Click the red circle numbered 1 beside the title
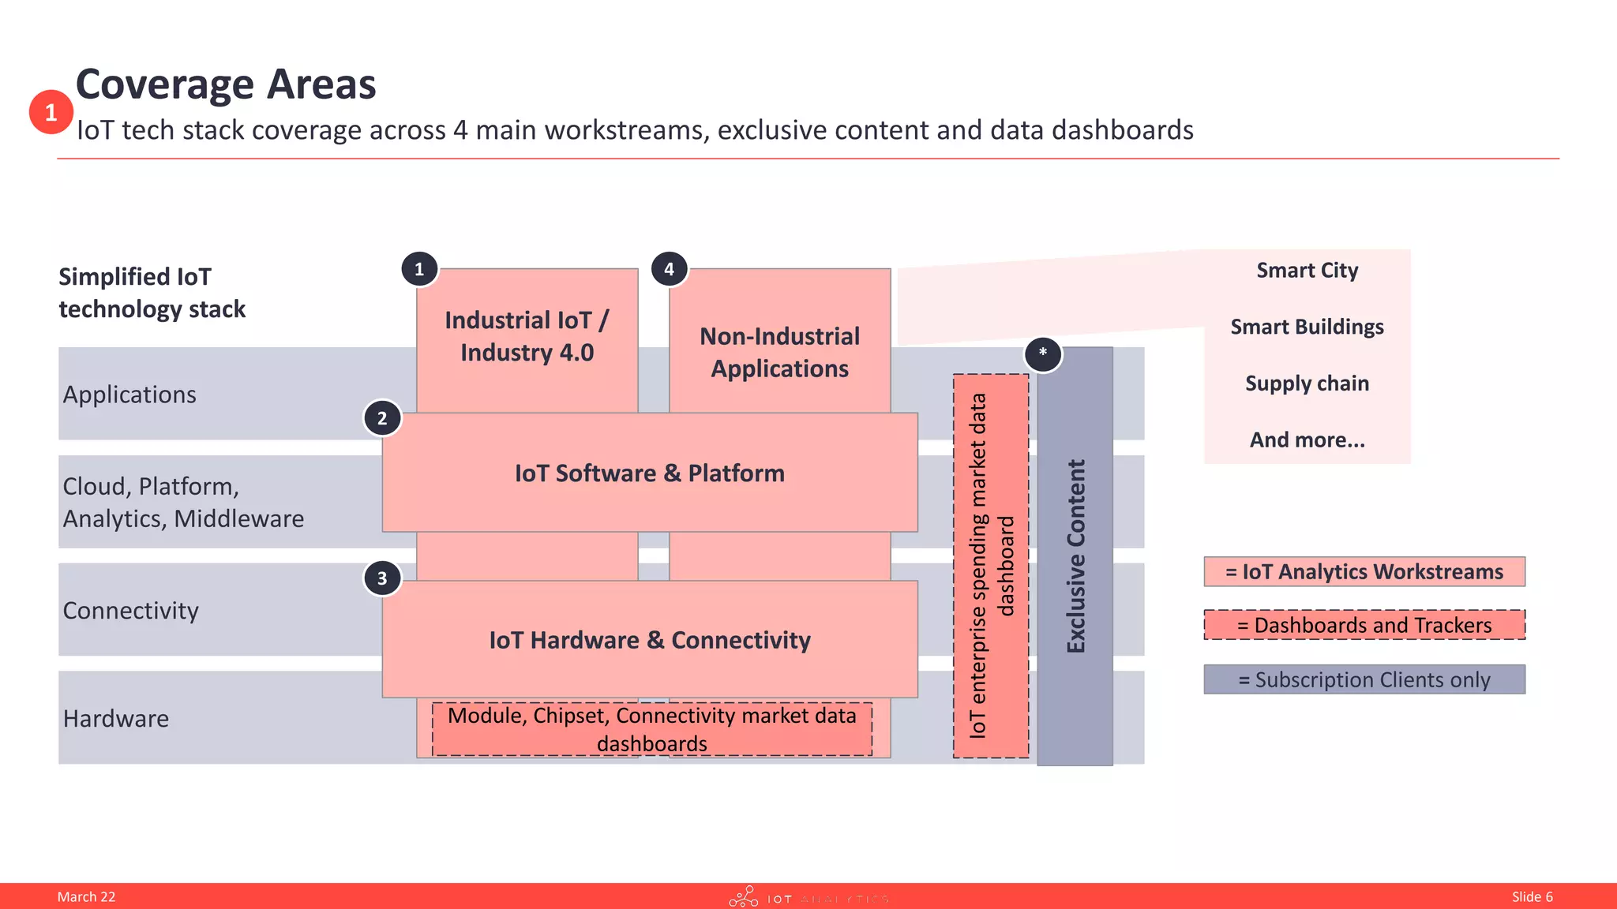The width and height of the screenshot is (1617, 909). coord(51,112)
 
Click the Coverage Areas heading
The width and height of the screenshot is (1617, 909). coord(226,84)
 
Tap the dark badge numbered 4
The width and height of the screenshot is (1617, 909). coord(669,269)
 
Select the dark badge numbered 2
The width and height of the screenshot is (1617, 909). coord(382,418)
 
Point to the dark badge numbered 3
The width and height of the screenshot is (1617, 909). coord(382,578)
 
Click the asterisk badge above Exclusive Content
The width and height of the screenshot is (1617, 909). coord(1043,353)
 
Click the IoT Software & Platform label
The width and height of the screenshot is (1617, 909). coord(650,473)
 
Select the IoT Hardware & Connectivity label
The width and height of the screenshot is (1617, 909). coord(650,639)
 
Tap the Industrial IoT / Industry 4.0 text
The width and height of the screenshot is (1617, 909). coord(527,336)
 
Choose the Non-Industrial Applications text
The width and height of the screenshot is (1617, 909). coord(779,352)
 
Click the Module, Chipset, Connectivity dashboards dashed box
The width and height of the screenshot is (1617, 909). coord(652,729)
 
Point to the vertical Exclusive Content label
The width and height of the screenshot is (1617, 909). coord(1075,556)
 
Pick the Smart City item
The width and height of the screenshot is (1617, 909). coord(1307,271)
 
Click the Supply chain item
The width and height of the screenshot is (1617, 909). coord(1307,383)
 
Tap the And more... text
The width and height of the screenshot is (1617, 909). coord(1307,440)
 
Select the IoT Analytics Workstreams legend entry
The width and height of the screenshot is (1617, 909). coord(1364,571)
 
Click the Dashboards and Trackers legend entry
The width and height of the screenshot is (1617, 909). coord(1364,625)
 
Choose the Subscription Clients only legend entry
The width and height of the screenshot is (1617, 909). coord(1364,679)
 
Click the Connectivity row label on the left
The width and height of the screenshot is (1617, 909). coord(131,610)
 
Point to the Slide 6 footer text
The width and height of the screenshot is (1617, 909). coord(1532,896)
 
